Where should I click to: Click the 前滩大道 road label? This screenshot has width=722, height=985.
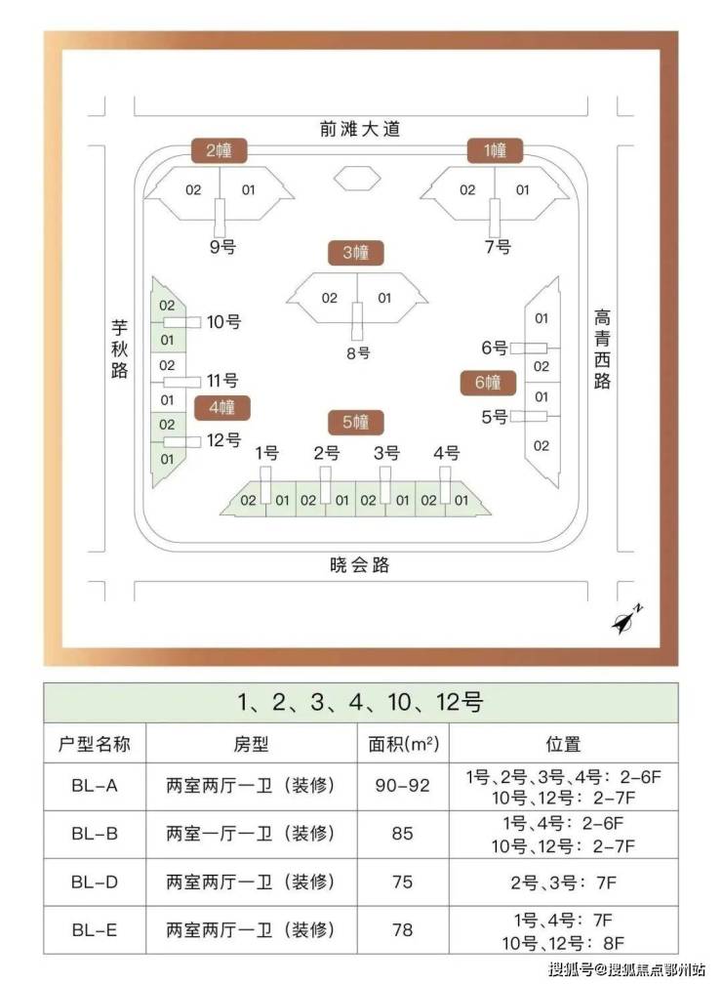[359, 128]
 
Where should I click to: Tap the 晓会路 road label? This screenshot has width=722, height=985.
[359, 564]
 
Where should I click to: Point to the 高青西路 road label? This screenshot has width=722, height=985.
[603, 349]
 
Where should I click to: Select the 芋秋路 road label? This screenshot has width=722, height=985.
[119, 349]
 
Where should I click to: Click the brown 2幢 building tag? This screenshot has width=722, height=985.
[220, 151]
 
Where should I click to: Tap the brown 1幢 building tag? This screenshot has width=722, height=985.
[495, 151]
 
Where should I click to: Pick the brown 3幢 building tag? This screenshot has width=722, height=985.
[355, 253]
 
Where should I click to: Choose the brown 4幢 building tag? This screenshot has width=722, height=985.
[221, 407]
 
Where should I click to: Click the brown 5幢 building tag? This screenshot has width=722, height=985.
[355, 423]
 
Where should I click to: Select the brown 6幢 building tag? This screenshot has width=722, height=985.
[487, 383]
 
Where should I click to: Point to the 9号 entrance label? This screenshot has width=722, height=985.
[222, 246]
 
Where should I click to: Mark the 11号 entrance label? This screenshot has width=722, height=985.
[221, 381]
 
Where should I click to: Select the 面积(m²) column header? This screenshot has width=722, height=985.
[403, 744]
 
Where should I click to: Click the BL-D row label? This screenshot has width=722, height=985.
[95, 882]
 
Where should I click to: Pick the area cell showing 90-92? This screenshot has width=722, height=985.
[403, 785]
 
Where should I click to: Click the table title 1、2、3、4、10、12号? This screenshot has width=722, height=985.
[360, 702]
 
